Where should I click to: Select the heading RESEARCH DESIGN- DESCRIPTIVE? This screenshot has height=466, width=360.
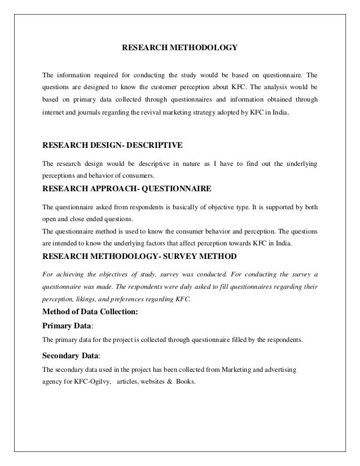point(112,145)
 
